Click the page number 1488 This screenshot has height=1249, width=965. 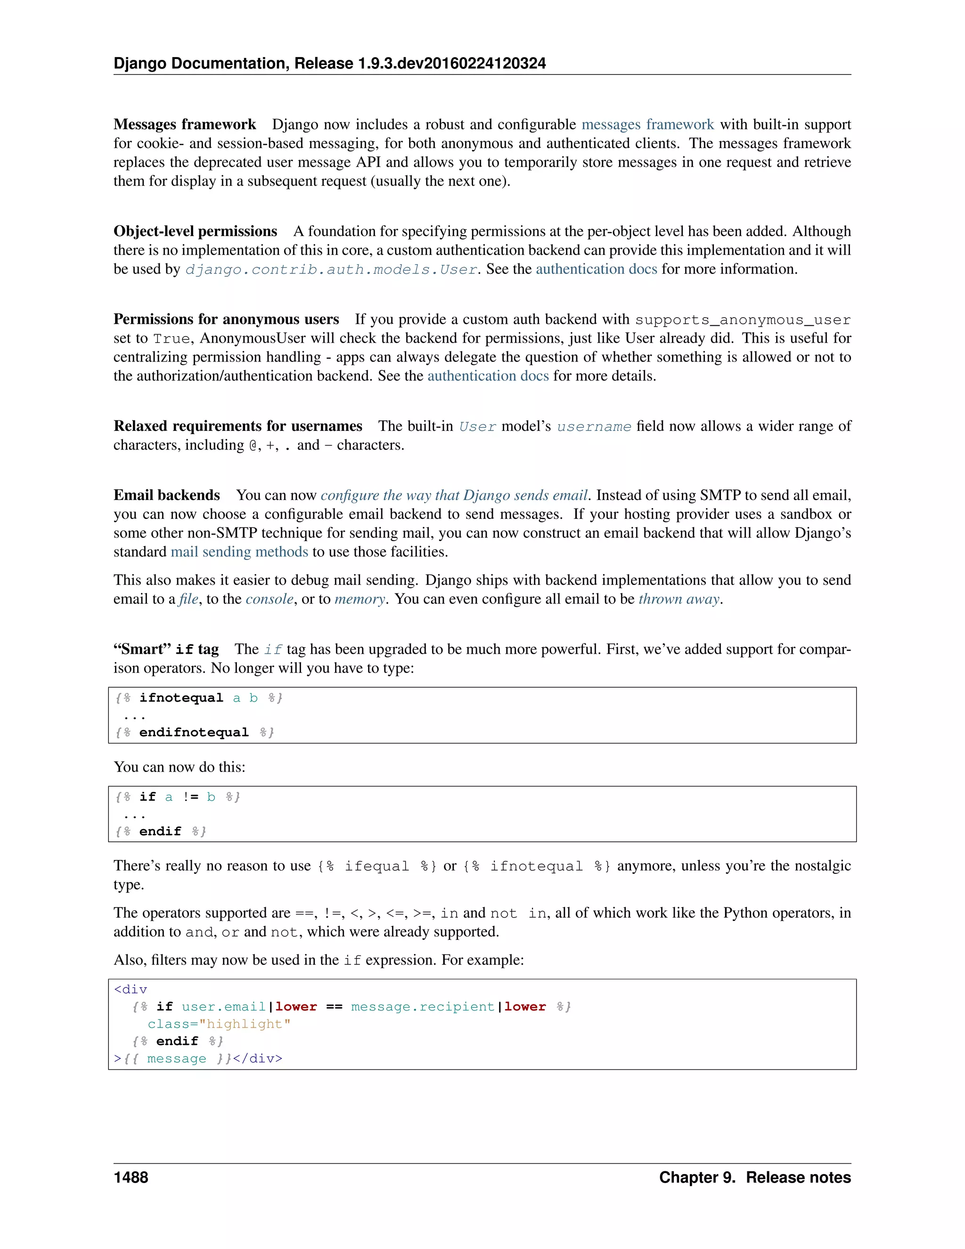tap(131, 1177)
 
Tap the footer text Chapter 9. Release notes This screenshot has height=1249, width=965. tap(755, 1177)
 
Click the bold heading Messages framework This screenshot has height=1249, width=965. tap(185, 125)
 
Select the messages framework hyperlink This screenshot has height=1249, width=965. tap(648, 125)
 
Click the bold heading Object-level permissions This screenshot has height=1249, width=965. tap(195, 231)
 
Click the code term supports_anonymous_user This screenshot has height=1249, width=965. tap(743, 320)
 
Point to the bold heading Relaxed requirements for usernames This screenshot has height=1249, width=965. tap(238, 426)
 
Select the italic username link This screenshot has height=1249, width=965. tap(594, 427)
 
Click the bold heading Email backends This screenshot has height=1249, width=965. tap(166, 495)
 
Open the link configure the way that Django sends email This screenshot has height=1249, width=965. tap(454, 495)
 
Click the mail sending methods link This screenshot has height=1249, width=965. tap(239, 552)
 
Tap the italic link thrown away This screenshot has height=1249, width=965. tap(679, 600)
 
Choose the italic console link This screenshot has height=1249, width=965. tap(269, 600)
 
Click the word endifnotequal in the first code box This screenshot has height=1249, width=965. tap(194, 732)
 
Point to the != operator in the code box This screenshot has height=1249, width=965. tap(190, 797)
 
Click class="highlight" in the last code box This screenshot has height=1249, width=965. tap(219, 1024)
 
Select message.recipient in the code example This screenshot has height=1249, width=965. tap(423, 1007)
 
